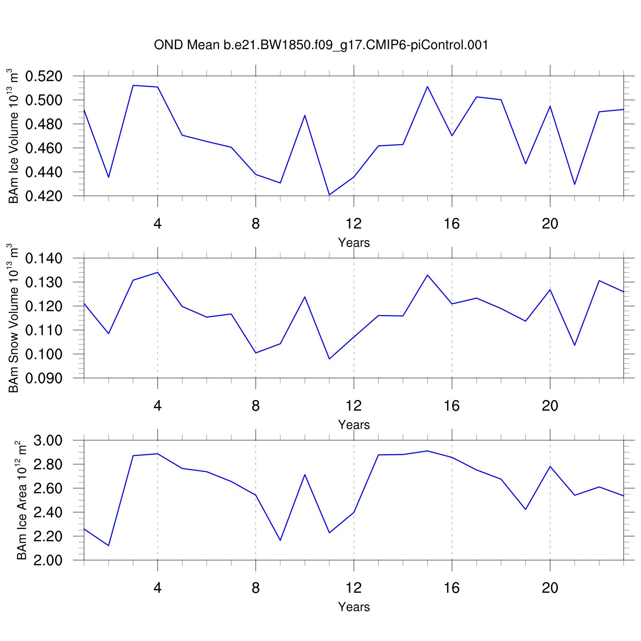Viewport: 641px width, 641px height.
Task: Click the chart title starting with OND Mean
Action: tap(321, 45)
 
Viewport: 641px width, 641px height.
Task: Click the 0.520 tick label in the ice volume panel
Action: tap(44, 76)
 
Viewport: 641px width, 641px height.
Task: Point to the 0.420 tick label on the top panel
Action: tap(44, 196)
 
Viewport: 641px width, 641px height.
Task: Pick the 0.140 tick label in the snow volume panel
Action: tap(44, 259)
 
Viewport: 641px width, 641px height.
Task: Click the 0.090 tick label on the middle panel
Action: tap(44, 378)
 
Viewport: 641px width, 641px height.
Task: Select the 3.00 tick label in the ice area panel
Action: tap(48, 441)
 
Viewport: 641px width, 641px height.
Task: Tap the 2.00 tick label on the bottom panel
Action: tap(48, 560)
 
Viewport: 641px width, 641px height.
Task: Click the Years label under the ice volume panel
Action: tap(354, 243)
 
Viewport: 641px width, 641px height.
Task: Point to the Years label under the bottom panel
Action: tap(354, 607)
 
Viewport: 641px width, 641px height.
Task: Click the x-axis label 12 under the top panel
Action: tap(354, 223)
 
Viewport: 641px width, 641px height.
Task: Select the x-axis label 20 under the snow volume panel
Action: tap(550, 406)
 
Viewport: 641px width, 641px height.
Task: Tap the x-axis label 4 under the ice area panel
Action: tap(158, 588)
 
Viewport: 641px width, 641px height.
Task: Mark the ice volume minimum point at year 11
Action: tap(329, 195)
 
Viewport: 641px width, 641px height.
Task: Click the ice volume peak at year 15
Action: tap(427, 86)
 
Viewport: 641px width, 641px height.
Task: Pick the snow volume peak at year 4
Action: tap(158, 272)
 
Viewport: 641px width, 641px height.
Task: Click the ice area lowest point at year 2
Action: tap(109, 546)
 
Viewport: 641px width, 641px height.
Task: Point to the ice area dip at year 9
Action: tap(280, 541)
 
